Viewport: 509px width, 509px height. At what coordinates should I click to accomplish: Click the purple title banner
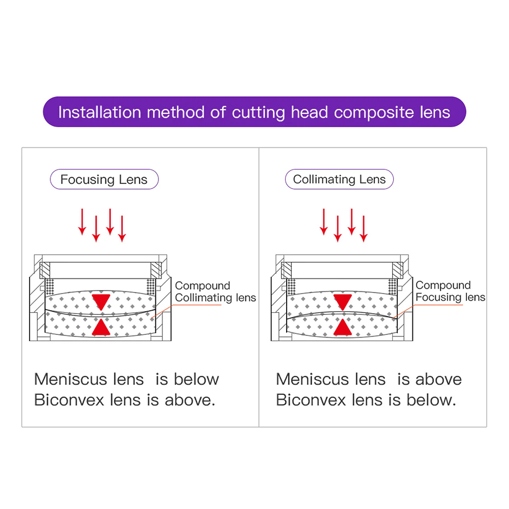(254, 112)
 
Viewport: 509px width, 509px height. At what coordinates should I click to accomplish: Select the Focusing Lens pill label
(104, 179)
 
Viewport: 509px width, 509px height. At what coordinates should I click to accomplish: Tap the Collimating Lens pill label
(339, 179)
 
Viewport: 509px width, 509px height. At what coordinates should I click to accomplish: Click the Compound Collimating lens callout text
(215, 291)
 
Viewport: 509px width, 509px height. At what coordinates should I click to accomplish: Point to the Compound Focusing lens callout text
(450, 291)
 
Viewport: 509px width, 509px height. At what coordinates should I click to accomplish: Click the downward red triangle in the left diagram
(101, 302)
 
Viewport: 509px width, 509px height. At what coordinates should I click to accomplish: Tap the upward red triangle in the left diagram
(101, 327)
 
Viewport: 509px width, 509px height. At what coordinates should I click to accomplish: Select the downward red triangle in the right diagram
(342, 302)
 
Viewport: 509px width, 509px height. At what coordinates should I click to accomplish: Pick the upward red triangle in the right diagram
(342, 327)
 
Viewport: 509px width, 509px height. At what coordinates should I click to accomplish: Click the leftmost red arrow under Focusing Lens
(82, 222)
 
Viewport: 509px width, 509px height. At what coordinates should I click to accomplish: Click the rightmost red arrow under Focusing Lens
(122, 229)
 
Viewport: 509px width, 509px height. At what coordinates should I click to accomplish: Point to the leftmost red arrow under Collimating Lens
(324, 222)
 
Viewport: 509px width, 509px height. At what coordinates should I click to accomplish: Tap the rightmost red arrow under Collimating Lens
(364, 229)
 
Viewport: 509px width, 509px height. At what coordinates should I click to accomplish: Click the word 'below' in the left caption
(196, 379)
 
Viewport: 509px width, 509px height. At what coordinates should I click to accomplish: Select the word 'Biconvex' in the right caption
(311, 400)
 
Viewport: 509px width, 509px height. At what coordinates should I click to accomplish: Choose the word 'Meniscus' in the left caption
(71, 379)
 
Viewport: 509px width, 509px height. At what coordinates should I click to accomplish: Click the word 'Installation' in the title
(100, 112)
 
